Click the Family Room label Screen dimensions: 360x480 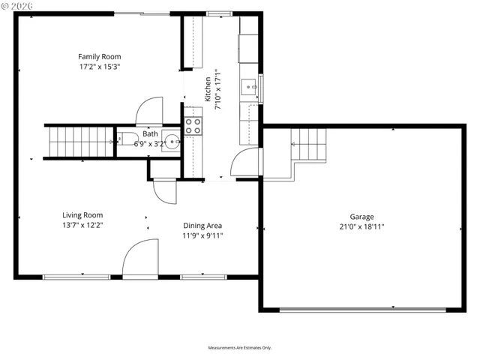[100, 56]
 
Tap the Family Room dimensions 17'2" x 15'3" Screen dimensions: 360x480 [100, 66]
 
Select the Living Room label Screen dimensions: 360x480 [82, 214]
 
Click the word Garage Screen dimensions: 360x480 [361, 216]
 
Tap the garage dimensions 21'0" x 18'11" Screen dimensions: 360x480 [361, 226]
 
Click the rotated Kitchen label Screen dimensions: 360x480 [208, 89]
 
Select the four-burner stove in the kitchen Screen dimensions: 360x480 [193, 125]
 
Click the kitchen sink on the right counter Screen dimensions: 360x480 [249, 88]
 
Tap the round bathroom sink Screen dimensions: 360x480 [172, 141]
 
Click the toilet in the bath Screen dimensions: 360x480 [123, 140]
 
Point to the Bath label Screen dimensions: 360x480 [151, 134]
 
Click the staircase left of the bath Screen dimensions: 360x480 [78, 142]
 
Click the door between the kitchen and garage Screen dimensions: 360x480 [245, 161]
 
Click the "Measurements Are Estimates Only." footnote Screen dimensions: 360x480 [240, 348]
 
